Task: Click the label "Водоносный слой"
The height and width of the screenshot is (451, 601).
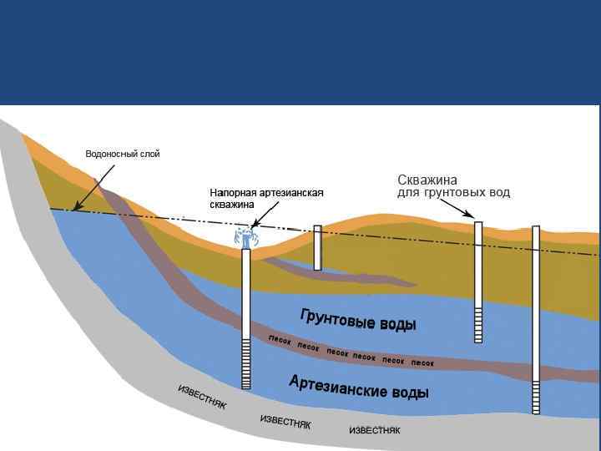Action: click(122, 154)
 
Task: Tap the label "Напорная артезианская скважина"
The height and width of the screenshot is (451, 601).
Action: click(265, 198)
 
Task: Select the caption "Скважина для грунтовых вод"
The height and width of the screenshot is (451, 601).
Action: click(452, 186)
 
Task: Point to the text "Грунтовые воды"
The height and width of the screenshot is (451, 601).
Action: click(357, 318)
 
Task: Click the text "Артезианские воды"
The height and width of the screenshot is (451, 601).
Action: click(359, 387)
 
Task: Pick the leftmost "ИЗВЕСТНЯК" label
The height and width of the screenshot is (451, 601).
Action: click(202, 398)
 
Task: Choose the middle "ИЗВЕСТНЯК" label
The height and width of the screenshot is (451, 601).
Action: click(285, 422)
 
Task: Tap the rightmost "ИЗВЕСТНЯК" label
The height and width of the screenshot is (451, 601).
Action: click(374, 430)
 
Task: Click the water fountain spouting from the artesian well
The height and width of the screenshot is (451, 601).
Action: click(245, 236)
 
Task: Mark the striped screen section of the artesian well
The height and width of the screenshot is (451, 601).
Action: click(246, 364)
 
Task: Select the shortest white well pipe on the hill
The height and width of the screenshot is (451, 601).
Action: click(317, 247)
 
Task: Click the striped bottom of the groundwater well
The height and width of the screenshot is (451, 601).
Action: click(478, 325)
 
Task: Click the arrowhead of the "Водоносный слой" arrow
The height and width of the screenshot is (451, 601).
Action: click(74, 208)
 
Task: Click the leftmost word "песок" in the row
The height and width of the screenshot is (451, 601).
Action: click(279, 340)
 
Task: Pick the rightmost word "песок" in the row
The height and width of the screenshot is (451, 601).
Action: click(422, 363)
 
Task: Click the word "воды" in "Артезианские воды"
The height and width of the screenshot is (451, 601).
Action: click(409, 392)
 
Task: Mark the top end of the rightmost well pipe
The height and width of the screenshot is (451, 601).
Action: click(536, 228)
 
